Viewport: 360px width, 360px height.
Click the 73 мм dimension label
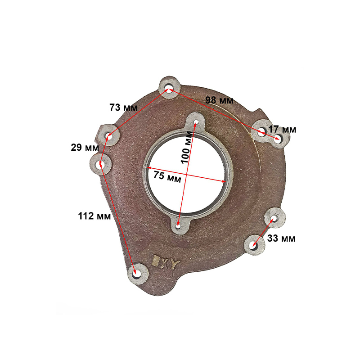[x=123, y=108]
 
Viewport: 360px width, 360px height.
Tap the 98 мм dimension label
[x=219, y=100]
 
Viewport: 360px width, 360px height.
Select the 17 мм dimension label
[x=282, y=130]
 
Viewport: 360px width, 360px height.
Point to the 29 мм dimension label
[x=85, y=148]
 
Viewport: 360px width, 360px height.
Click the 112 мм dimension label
[x=94, y=216]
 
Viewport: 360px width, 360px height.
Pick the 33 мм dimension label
[x=281, y=238]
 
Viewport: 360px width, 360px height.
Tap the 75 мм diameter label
[x=167, y=177]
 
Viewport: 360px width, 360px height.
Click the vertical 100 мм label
[x=186, y=147]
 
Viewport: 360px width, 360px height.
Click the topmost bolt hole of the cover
[x=169, y=89]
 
